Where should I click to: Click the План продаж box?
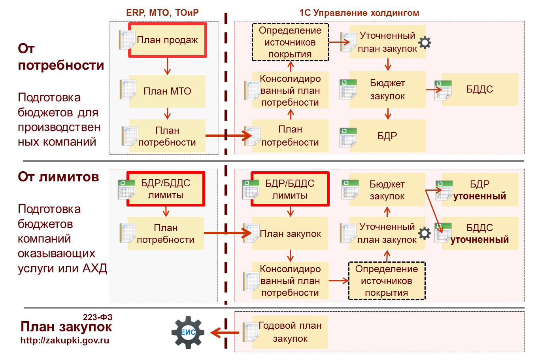[167, 40]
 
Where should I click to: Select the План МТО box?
[167, 91]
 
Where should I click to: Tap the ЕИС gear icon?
[188, 332]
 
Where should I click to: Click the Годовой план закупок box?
[290, 332]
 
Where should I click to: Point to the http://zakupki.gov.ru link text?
[65, 340]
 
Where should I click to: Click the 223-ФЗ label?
[98, 317]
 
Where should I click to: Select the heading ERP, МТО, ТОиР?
[162, 13]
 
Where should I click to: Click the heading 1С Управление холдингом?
[359, 13]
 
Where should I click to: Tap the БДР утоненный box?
[479, 190]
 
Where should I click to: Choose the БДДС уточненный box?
[479, 233]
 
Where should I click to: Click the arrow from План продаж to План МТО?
[167, 66]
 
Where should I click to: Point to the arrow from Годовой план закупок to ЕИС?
[224, 332]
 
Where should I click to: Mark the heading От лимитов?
[58, 176]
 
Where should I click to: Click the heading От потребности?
[61, 57]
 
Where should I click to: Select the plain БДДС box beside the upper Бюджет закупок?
[479, 89]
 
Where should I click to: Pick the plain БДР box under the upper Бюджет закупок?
[387, 136]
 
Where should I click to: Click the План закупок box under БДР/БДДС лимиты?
[290, 234]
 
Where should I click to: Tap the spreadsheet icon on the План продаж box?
[127, 40]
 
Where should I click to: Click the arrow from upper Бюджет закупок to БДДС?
[434, 90]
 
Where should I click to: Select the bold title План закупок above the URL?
[66, 327]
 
